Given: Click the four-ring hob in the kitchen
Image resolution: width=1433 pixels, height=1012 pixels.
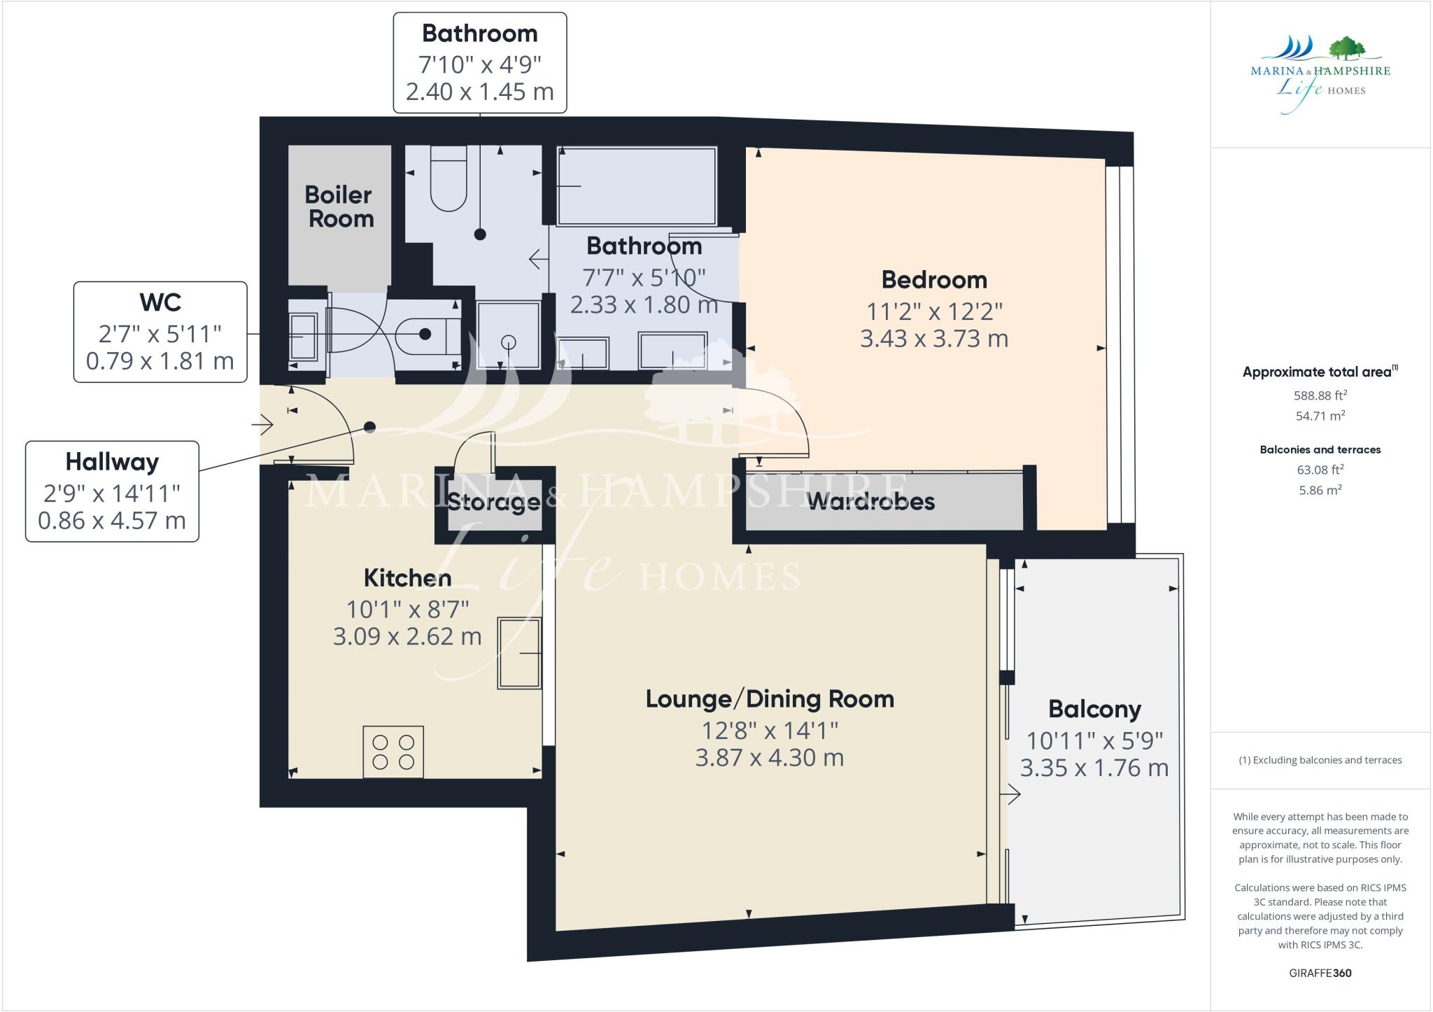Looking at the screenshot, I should [x=393, y=752].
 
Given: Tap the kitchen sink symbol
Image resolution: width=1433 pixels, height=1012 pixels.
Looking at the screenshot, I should [x=519, y=653].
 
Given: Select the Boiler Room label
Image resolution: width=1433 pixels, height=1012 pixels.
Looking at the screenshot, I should [x=340, y=206].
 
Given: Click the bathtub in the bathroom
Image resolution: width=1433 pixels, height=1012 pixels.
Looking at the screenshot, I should [x=637, y=185].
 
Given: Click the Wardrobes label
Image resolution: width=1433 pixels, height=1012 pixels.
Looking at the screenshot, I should [x=871, y=501].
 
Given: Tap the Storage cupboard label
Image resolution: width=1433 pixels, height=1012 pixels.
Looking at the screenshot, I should [x=493, y=502].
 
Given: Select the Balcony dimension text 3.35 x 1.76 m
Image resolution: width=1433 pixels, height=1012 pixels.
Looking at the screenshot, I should [x=1094, y=768].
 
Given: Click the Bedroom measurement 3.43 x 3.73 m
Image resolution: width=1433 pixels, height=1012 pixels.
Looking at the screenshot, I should [x=934, y=339].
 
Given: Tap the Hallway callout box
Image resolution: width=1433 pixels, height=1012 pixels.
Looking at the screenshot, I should [x=112, y=491].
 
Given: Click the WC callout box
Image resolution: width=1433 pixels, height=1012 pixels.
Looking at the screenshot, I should [x=160, y=332].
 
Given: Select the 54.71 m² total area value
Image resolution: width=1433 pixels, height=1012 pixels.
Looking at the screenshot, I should [x=1320, y=416].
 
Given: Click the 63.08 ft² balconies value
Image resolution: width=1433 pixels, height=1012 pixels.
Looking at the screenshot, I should [x=1320, y=470].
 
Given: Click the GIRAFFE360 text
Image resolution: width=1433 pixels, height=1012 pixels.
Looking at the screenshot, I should [x=1320, y=973].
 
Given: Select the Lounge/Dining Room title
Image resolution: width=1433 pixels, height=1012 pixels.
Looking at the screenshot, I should [x=770, y=698].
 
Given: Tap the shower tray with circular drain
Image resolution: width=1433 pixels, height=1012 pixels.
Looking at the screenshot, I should [x=509, y=335].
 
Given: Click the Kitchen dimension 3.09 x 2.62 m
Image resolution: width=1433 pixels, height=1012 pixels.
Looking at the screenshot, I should [x=407, y=637].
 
